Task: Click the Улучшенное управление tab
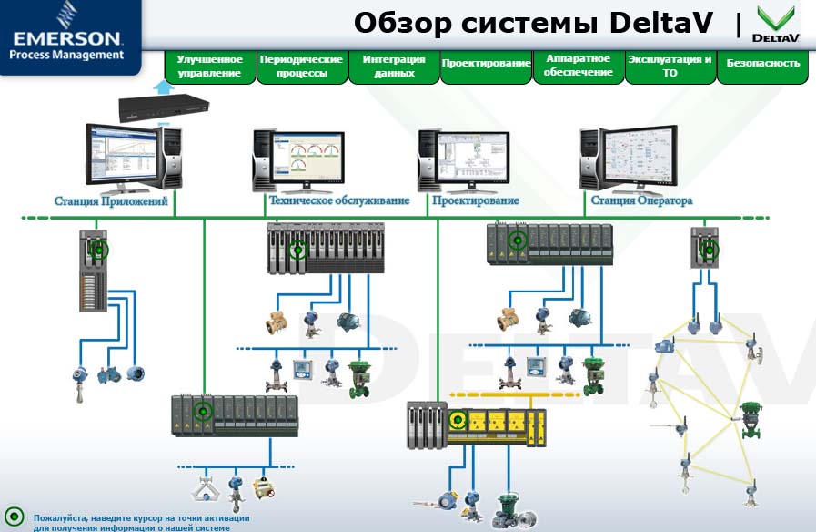209,66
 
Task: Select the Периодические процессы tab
301,66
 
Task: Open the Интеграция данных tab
394,66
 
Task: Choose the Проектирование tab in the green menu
486,64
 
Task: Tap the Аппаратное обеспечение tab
579,65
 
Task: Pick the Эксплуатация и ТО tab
670,66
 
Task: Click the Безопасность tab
763,64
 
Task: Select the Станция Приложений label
111,201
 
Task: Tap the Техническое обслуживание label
339,200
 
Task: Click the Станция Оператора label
641,200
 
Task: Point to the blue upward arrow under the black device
162,87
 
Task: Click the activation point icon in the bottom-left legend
15,516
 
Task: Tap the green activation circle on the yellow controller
458,420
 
